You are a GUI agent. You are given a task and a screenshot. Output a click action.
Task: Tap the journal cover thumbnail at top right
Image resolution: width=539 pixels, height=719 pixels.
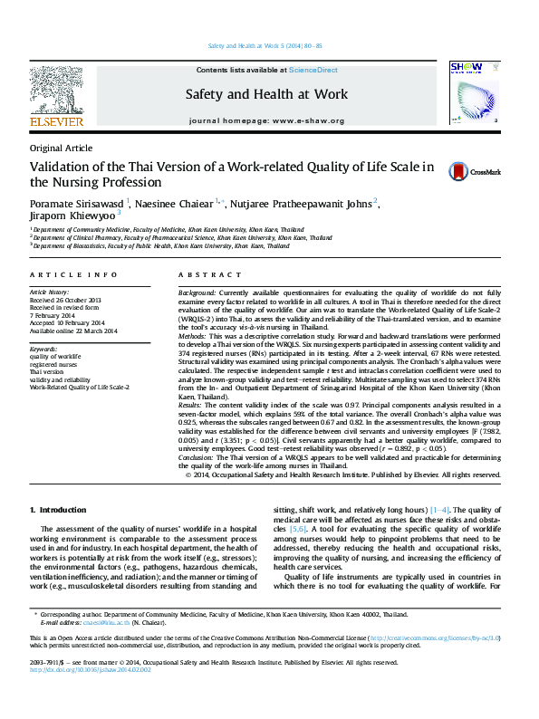472,93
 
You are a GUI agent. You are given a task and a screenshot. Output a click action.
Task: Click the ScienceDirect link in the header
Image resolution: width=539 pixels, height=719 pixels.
313,70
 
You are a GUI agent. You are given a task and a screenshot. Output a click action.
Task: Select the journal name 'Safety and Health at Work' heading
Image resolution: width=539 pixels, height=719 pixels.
266,94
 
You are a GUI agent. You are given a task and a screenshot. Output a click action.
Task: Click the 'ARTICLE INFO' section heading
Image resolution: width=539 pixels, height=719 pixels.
73,274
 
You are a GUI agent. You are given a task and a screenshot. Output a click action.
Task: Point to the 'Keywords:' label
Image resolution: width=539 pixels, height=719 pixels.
43,349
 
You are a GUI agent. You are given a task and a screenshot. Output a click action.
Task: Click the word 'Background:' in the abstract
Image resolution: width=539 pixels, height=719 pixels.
197,293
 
